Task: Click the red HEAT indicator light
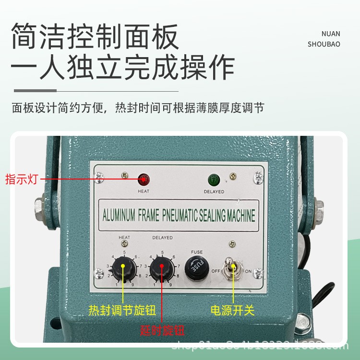144,180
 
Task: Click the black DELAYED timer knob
162,270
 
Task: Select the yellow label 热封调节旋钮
122,310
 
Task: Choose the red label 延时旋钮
162,331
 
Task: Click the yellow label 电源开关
233,310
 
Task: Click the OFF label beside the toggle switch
216,271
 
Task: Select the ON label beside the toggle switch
249,271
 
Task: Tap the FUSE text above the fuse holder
197,252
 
